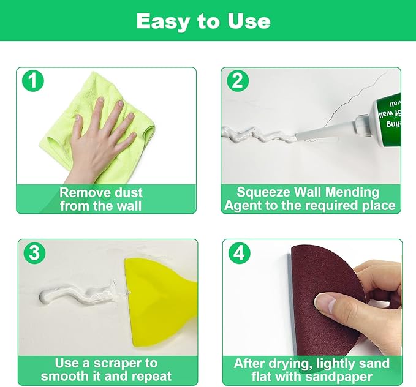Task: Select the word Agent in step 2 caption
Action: coord(244,206)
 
